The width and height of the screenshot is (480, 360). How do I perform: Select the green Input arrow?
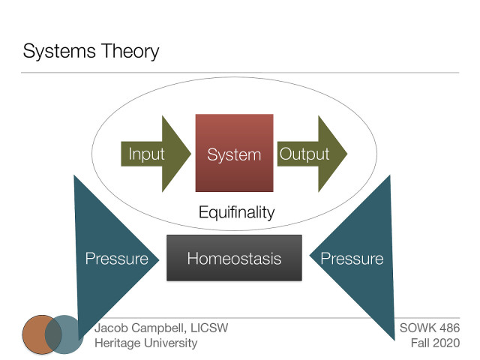154,154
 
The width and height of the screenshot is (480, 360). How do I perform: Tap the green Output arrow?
312,154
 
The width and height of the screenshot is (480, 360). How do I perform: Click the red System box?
234,154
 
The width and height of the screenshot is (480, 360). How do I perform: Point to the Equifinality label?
236,212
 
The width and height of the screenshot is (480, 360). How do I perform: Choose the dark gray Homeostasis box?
234,259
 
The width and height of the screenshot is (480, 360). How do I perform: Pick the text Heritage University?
146,343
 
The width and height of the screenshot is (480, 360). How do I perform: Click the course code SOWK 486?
430,328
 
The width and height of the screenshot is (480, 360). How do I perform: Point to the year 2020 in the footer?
447,343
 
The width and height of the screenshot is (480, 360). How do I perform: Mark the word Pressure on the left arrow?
116,259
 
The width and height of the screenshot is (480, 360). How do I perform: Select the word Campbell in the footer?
157,328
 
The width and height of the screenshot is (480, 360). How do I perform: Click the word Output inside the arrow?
304,154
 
